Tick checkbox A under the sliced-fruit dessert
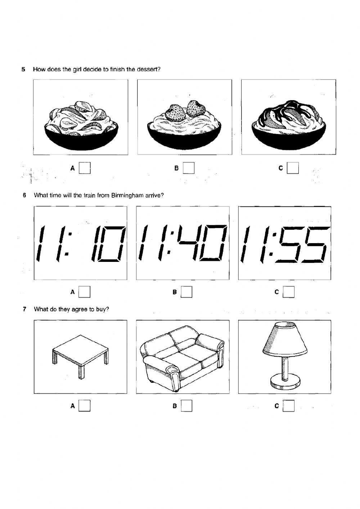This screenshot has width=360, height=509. coord(85,168)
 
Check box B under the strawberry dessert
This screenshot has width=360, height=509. coord(189,168)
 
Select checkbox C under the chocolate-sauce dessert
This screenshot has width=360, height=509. coord(293,168)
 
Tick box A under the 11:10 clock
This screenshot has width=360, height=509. coord(84,292)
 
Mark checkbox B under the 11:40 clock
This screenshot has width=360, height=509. coord(186,292)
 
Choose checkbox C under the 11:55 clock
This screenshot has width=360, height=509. coord(288,292)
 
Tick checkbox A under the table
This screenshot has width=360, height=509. coord(84,406)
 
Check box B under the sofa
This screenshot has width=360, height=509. coord(186,406)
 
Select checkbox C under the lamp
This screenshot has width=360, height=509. coord(288,406)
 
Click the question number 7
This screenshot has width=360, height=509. coord(24,309)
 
